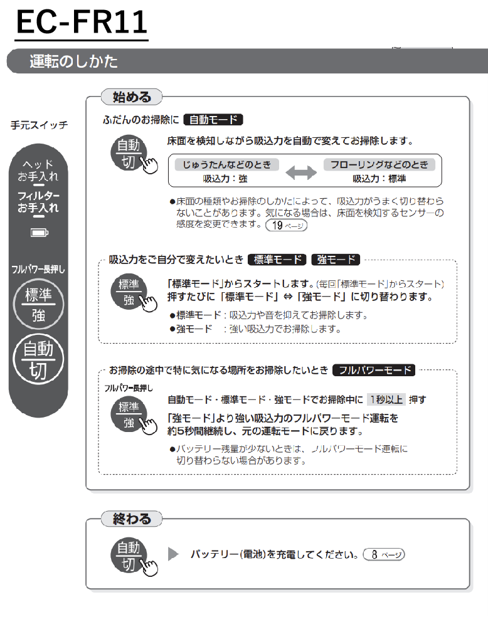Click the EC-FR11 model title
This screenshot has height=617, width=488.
[x=82, y=23]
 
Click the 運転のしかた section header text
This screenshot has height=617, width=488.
[x=73, y=61]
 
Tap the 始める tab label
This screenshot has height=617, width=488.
[x=132, y=97]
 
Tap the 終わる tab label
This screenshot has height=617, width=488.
[x=132, y=519]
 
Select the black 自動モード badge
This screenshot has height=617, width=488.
[x=213, y=120]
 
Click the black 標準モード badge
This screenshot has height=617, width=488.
[x=278, y=260]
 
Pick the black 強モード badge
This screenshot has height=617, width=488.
[x=336, y=260]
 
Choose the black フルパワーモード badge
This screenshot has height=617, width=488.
[x=374, y=371]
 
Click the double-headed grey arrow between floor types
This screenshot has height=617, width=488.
[x=301, y=172]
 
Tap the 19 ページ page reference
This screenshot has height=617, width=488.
[x=286, y=226]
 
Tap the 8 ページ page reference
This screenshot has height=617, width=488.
[x=384, y=554]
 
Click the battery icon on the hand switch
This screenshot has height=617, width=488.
[x=40, y=233]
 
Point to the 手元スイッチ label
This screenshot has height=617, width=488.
[x=40, y=125]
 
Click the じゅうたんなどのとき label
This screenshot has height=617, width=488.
[x=226, y=164]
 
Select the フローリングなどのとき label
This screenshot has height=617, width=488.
[x=379, y=164]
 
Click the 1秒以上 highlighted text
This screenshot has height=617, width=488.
[x=386, y=400]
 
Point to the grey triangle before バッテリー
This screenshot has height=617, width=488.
[x=173, y=554]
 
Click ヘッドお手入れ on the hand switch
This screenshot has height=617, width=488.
[x=38, y=171]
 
